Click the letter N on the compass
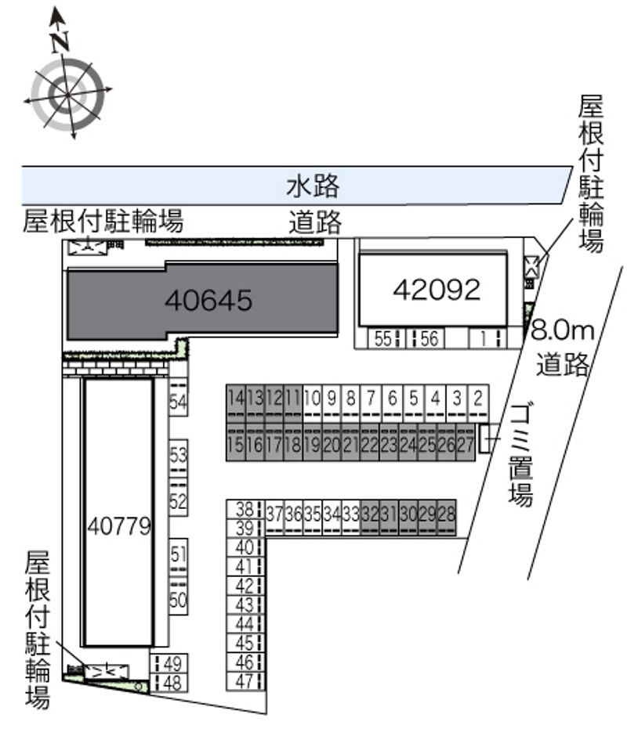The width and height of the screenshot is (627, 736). coord(60,41)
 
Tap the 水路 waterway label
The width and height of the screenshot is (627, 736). coord(313,186)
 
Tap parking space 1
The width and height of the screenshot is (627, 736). coord(487,338)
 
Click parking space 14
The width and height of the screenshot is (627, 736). coord(236,403)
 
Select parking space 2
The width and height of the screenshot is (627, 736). coord(478,403)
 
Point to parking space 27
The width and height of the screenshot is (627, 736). coord(466,442)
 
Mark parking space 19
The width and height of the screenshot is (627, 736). coord(312,442)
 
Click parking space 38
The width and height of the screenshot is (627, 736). coord(245,509)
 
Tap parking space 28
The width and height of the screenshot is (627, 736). coord(446,518)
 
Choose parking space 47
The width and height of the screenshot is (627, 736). coord(245,681)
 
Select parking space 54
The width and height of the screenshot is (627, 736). coord(178,398)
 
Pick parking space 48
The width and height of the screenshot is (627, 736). coord(169,683)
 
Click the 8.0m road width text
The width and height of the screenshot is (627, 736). coord(563,331)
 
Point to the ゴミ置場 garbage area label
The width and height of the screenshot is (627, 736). coord(520,455)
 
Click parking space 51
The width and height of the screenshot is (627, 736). coord(178,557)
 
